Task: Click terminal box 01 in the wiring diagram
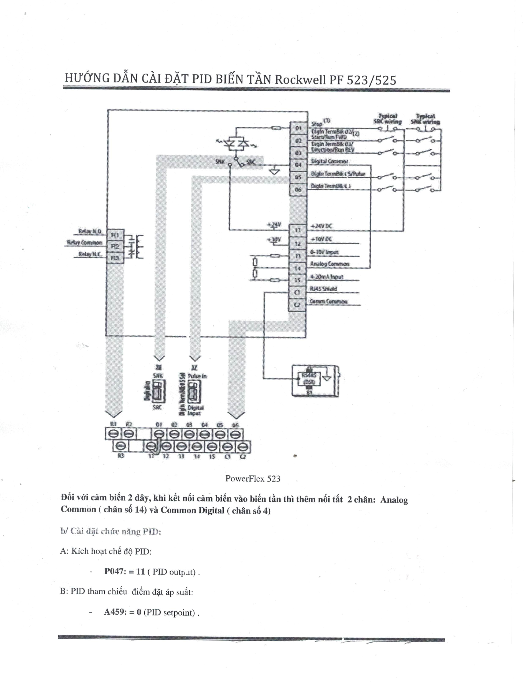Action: pyautogui.click(x=298, y=128)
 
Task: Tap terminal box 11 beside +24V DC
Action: pyautogui.click(x=298, y=230)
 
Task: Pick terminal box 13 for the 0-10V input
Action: pyautogui.click(x=298, y=256)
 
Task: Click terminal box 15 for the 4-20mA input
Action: pyautogui.click(x=297, y=280)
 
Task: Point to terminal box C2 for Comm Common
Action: pyautogui.click(x=297, y=305)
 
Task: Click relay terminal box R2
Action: pyautogui.click(x=115, y=246)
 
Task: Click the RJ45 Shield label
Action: pyautogui.click(x=323, y=289)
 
